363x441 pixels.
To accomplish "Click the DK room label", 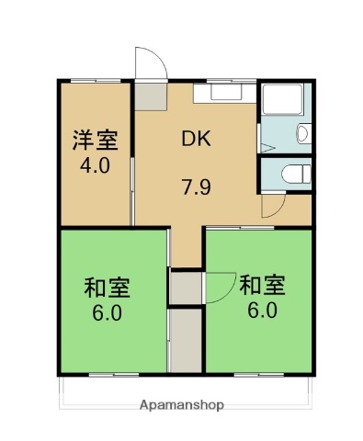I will [196, 141].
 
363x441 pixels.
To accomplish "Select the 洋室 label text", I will [96, 141].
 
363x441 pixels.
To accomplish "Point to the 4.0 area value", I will [96, 167].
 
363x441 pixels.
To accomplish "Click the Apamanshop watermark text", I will [181, 404].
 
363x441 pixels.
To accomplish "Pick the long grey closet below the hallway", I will [185, 340].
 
